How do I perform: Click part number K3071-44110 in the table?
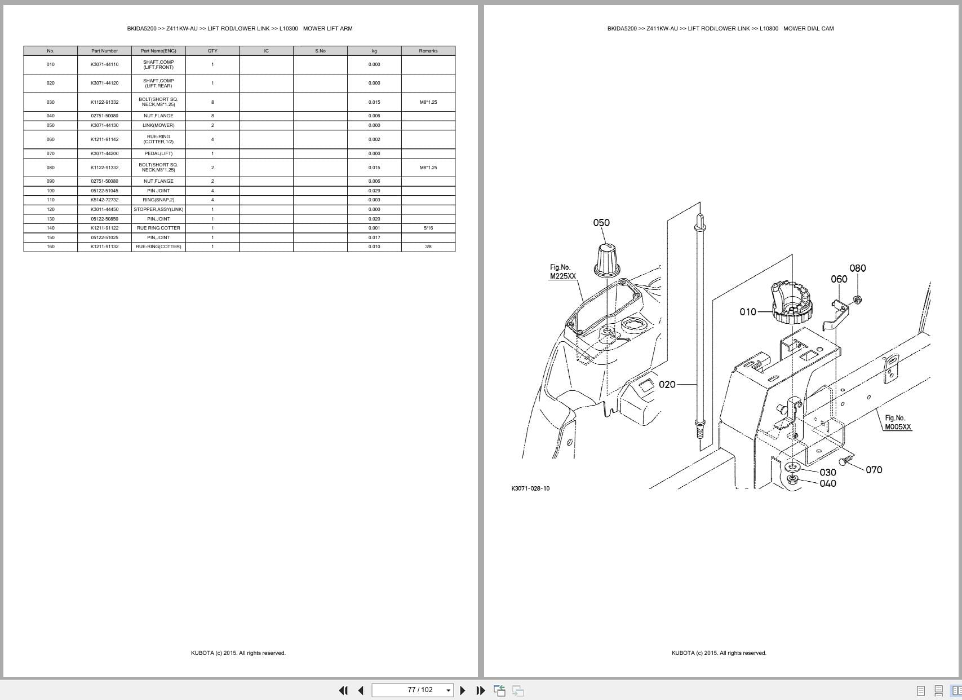pyautogui.click(x=104, y=64)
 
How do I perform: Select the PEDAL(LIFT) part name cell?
pyautogui.click(x=158, y=153)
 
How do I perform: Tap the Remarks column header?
pyautogui.click(x=428, y=51)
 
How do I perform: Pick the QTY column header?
pyautogui.click(x=212, y=51)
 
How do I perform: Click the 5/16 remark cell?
pyautogui.click(x=428, y=228)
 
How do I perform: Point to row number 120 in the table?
pyautogui.click(x=51, y=209)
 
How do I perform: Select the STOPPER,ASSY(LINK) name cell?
pyautogui.click(x=158, y=209)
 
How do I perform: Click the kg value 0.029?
pyautogui.click(x=374, y=191)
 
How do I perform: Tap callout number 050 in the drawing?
pyautogui.click(x=601, y=223)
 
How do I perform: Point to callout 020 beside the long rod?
pyautogui.click(x=667, y=385)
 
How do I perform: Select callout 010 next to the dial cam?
pyautogui.click(x=748, y=312)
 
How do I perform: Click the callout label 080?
pyautogui.click(x=857, y=268)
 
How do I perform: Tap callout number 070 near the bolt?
pyautogui.click(x=874, y=470)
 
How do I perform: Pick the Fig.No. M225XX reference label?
pyautogui.click(x=562, y=272)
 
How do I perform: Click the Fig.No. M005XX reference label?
pyautogui.click(x=897, y=422)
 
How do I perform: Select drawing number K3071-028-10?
pyautogui.click(x=530, y=488)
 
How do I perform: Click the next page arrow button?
pyautogui.click(x=463, y=690)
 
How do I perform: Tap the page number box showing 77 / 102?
pyautogui.click(x=420, y=690)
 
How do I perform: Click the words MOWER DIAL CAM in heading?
pyautogui.click(x=808, y=28)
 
